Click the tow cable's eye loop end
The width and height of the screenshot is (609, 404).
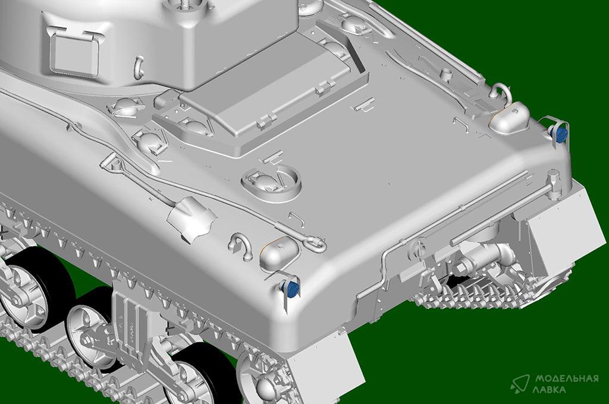point(315,242)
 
